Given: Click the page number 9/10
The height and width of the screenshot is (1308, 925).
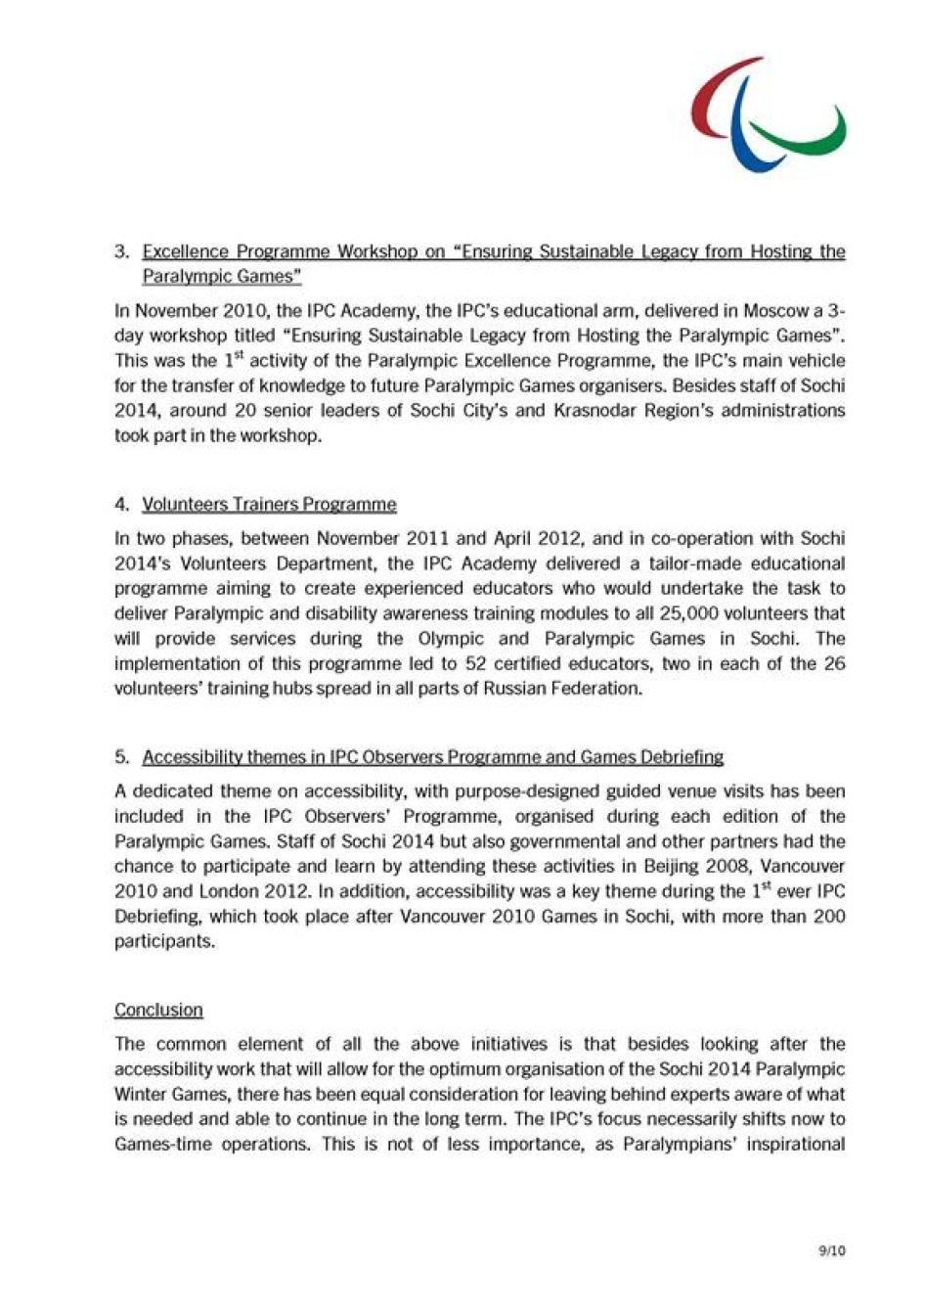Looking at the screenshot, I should pos(832,1250).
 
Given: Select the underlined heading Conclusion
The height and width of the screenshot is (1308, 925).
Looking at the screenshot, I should pos(158,1010).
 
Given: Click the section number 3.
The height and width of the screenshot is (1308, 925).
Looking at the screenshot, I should pos(121,251).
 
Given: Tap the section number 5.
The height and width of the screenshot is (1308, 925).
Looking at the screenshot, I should pos(121,756).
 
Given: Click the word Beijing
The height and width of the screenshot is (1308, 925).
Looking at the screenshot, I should pos(675,866).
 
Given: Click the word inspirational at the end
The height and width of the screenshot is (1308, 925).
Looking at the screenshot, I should pos(792,1144).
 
